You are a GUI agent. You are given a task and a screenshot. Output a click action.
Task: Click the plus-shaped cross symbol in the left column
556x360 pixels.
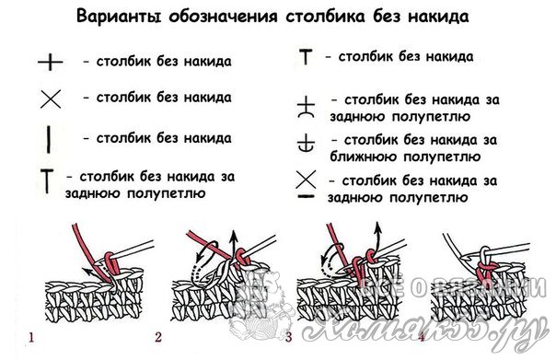(x=51, y=63)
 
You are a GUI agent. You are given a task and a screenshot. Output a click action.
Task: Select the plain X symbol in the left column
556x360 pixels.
(x=51, y=99)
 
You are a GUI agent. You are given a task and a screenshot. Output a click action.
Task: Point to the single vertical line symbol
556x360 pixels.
(x=49, y=140)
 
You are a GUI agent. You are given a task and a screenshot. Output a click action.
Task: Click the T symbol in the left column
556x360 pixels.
(x=47, y=181)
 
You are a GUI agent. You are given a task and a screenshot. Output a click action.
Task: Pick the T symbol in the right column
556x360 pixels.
(x=306, y=57)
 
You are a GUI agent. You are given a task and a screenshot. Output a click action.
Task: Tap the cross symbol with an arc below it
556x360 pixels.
(x=306, y=107)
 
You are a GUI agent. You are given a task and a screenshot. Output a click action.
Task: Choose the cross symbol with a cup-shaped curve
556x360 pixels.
(x=306, y=143)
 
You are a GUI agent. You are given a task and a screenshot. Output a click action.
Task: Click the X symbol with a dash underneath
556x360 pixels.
(x=306, y=184)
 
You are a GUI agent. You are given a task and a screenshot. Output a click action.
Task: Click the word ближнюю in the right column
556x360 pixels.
(x=364, y=157)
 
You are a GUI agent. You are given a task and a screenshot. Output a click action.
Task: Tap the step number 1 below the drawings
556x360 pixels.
(x=31, y=337)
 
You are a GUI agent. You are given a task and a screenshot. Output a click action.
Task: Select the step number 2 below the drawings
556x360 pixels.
(x=158, y=337)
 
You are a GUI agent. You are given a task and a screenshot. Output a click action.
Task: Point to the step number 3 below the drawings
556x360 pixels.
(x=289, y=337)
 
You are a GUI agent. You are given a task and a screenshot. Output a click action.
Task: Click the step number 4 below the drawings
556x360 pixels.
(x=422, y=337)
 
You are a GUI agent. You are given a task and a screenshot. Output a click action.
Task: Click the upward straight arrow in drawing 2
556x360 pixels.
(x=233, y=247)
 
